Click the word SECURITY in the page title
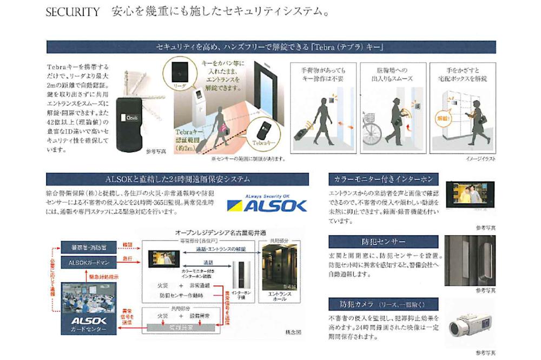pos(72,12)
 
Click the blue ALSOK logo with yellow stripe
pos(267,204)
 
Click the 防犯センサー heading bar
pos(383,241)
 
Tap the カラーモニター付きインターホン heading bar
pos(383,179)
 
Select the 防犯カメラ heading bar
pos(383,303)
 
